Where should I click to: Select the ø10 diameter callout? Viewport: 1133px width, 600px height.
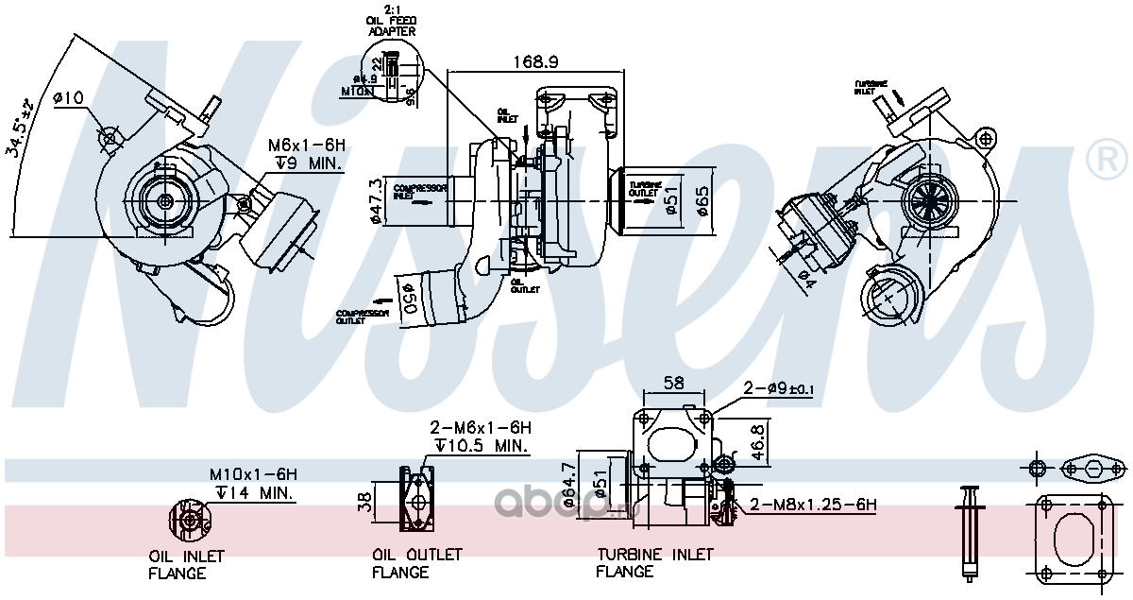click(x=69, y=97)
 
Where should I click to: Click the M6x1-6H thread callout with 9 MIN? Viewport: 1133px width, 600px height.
click(x=306, y=154)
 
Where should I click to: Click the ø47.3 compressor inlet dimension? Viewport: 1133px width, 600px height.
click(x=376, y=201)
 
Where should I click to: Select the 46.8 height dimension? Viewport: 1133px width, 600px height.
click(x=758, y=441)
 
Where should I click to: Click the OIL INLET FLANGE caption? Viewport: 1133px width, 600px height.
click(x=186, y=564)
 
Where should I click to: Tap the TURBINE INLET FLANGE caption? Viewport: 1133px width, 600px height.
click(x=654, y=562)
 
